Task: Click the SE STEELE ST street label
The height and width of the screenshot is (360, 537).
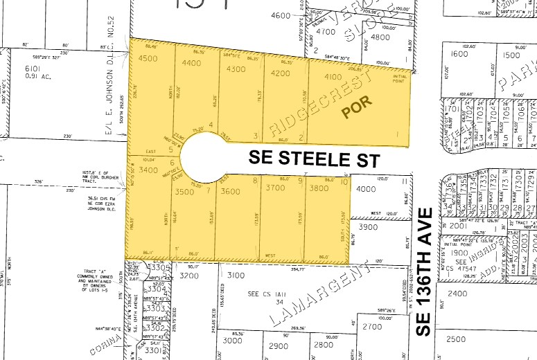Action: point(315,159)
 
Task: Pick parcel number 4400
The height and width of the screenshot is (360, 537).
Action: point(191,62)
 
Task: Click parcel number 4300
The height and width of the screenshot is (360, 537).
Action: point(236,69)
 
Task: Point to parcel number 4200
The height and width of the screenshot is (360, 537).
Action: point(280,73)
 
